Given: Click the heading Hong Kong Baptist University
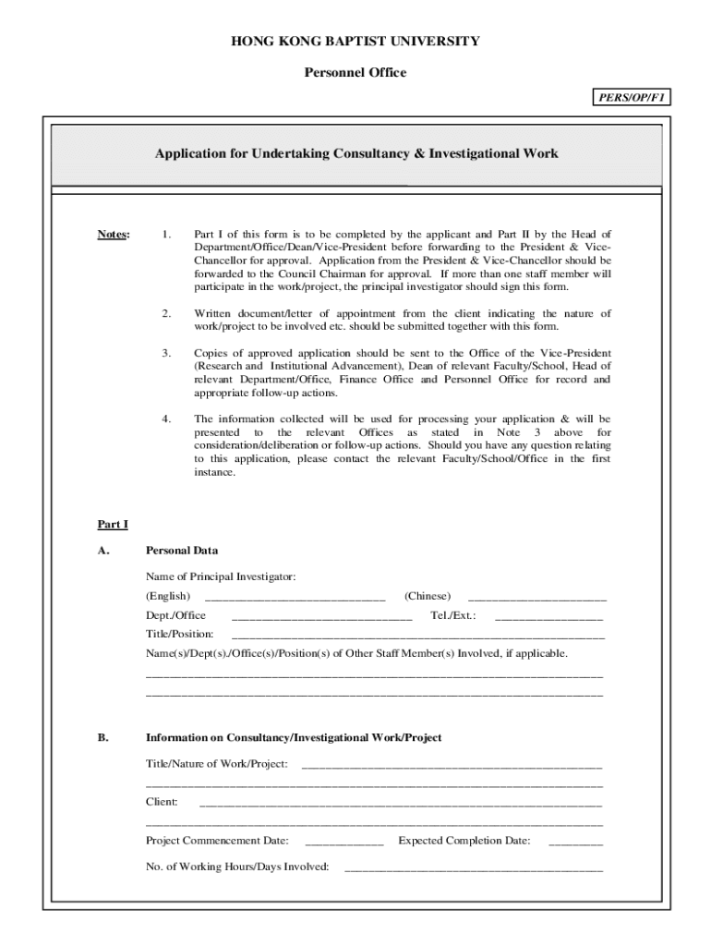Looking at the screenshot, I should (355, 42).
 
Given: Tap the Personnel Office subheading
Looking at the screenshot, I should (355, 73).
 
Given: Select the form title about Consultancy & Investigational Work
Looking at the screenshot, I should (356, 153).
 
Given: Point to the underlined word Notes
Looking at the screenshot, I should (114, 235).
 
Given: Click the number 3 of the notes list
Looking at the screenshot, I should (166, 353).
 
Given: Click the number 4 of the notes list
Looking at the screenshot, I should (166, 418).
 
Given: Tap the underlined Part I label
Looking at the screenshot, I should (113, 525).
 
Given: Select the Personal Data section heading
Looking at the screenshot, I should (182, 551).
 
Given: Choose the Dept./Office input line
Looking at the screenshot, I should (321, 617).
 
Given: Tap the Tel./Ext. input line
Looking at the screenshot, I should (548, 617).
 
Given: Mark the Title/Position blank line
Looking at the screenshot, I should (417, 637).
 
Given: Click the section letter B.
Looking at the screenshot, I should (103, 737).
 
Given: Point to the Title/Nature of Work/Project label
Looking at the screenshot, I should (216, 764).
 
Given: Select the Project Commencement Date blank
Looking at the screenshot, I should (343, 843).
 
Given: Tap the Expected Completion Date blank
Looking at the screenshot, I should (575, 843).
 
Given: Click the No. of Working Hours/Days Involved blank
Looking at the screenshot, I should (473, 869).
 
